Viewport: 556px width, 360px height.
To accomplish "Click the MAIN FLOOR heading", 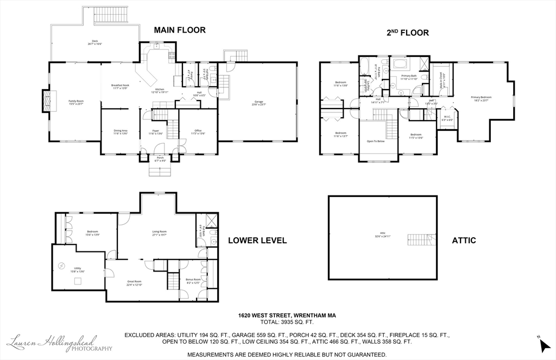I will [x=180, y=30].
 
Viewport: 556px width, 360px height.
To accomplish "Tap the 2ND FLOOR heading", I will [x=407, y=33].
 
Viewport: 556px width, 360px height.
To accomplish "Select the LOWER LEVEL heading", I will [x=257, y=241].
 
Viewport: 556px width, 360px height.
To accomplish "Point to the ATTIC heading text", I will [x=464, y=240].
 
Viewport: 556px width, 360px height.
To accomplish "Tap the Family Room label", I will [x=76, y=102].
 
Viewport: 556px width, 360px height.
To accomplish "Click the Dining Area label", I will [x=121, y=131].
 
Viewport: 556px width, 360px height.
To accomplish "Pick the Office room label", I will [x=198, y=131].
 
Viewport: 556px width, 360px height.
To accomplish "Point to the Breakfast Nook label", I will [x=120, y=86].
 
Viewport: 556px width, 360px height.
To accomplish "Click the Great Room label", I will [x=134, y=283].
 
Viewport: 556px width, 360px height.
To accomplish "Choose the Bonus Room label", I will [x=193, y=280].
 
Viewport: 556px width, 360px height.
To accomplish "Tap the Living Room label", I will [x=159, y=233].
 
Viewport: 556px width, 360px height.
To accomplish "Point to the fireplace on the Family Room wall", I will [x=47, y=101].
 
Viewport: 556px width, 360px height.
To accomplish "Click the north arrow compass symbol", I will [x=545, y=344].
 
